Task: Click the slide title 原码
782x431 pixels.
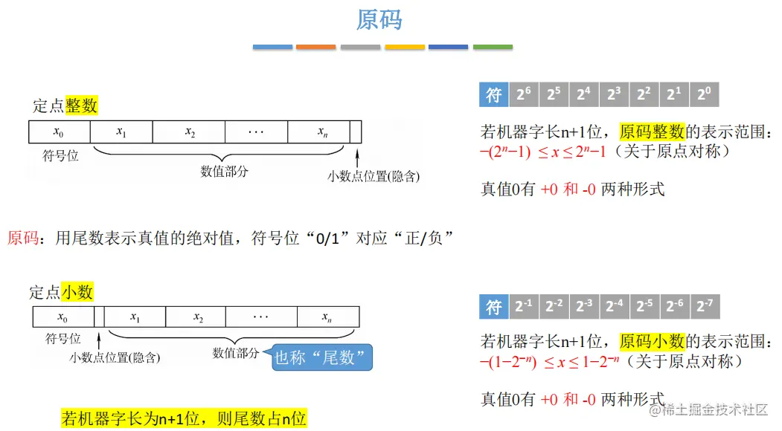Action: point(379,19)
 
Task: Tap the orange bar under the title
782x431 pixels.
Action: point(316,47)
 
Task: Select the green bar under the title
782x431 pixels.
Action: point(493,47)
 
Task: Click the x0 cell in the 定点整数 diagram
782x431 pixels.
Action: point(59,132)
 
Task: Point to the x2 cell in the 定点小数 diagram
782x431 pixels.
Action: point(199,317)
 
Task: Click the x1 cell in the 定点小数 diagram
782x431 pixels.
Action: point(135,317)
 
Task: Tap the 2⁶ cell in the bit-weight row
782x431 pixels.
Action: point(524,95)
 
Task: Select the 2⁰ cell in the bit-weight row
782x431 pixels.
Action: point(703,95)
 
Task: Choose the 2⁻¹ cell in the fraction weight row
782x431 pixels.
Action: point(524,306)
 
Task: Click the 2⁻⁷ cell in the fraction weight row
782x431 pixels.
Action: point(704,306)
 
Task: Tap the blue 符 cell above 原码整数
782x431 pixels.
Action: point(494,95)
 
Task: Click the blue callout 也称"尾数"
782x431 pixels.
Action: point(323,358)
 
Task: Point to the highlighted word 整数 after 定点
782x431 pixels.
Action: point(81,106)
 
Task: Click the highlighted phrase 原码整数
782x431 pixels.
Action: point(651,132)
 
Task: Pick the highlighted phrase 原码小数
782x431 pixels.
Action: point(651,342)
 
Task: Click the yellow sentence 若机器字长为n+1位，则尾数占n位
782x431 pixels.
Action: point(184,418)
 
